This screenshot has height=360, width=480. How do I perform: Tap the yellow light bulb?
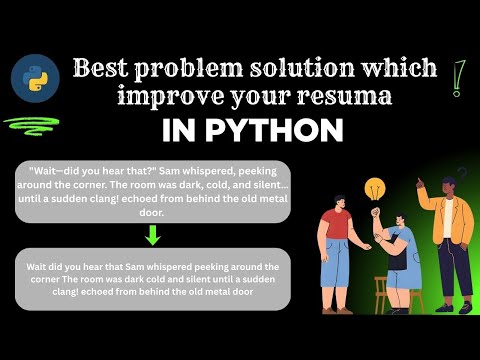375,189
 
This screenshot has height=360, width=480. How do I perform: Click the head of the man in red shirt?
338,201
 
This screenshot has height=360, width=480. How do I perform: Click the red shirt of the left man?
338,225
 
